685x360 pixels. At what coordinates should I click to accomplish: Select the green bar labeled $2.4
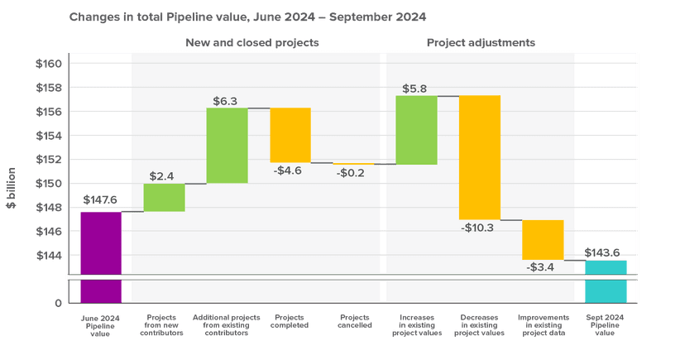[164, 197]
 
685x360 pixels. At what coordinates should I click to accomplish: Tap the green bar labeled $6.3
[228, 145]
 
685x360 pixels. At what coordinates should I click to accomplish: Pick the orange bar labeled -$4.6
[290, 135]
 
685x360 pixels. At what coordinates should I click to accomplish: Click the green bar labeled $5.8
[416, 130]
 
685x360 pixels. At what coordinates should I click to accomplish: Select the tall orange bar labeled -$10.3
[480, 157]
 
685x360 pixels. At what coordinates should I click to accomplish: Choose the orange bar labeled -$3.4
[543, 240]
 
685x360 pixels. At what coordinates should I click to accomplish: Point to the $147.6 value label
[101, 199]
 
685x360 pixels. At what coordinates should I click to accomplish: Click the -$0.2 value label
[353, 173]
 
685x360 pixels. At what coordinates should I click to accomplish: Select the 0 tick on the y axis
[57, 304]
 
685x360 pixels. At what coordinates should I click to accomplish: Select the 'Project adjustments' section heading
[481, 41]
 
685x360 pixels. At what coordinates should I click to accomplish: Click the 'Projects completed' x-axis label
[290, 321]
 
